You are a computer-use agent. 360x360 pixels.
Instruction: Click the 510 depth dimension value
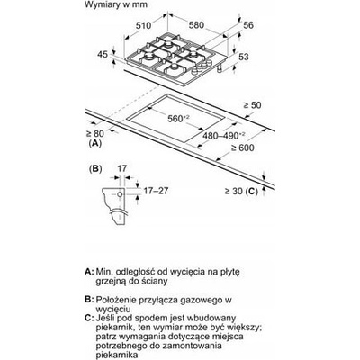[x=143, y=26]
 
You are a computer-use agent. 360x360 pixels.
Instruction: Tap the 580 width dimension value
[x=196, y=25]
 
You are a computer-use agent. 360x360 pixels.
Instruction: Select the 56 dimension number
[x=248, y=25]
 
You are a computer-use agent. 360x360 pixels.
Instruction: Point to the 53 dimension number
[x=244, y=57]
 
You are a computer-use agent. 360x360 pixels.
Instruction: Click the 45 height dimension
[x=103, y=55]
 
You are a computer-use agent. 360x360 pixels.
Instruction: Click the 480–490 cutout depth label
[x=224, y=136]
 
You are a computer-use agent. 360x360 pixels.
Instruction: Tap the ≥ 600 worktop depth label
[x=242, y=148]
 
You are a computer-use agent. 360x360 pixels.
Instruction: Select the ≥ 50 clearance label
[x=252, y=105]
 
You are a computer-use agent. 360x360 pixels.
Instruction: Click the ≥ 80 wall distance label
[x=94, y=133]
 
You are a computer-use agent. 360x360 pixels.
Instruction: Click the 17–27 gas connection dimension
[x=156, y=191]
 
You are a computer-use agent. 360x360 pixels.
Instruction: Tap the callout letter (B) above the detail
[x=95, y=169]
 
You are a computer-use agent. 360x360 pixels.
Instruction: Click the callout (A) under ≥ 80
[x=95, y=143]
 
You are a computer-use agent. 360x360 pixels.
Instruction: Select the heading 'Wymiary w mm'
[x=116, y=4]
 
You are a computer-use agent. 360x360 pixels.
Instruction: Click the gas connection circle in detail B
[x=120, y=194]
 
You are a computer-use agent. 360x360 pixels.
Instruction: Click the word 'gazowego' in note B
[x=197, y=300]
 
